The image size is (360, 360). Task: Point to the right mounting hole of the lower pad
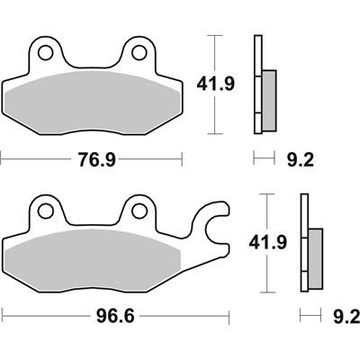click(139, 211)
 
